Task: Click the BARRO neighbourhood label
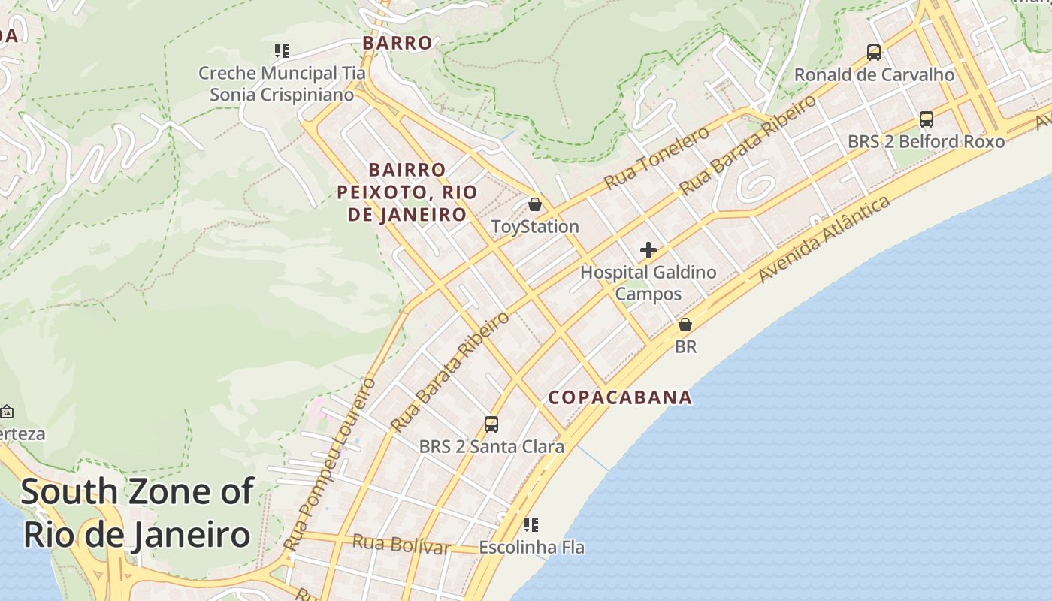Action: pyautogui.click(x=398, y=43)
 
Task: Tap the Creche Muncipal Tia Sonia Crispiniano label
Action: pyautogui.click(x=282, y=83)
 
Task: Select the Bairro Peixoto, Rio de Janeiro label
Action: pyautogui.click(x=407, y=192)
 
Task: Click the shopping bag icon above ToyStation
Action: pyautogui.click(x=535, y=204)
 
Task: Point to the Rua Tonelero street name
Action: pyautogui.click(x=657, y=158)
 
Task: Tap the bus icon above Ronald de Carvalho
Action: pyautogui.click(x=873, y=53)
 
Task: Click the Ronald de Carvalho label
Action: pyautogui.click(x=874, y=75)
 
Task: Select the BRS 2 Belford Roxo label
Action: pyautogui.click(x=926, y=141)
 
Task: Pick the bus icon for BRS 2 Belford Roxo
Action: pyautogui.click(x=927, y=119)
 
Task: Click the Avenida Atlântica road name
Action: pyautogui.click(x=824, y=238)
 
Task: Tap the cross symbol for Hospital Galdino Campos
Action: pyautogui.click(x=648, y=250)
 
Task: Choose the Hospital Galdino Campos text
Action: pyautogui.click(x=648, y=282)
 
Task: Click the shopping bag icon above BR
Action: pyautogui.click(x=685, y=325)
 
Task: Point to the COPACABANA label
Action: pyautogui.click(x=620, y=397)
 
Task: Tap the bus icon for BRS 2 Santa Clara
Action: pyautogui.click(x=491, y=424)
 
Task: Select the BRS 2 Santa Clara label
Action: pyautogui.click(x=491, y=446)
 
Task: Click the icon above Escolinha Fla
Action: pyautogui.click(x=531, y=525)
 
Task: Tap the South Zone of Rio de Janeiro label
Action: pyautogui.click(x=137, y=513)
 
